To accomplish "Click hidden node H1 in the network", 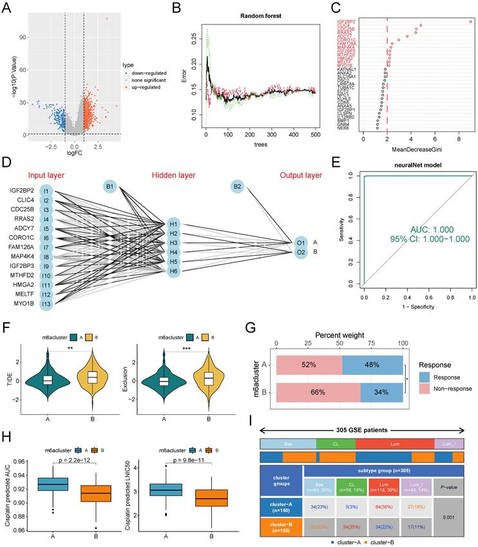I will (x=172, y=222).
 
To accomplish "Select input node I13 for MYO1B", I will (x=46, y=303).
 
